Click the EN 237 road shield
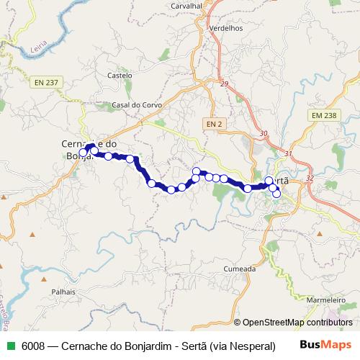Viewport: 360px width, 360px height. pyautogui.click(x=45, y=82)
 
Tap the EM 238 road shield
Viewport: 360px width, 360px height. pyautogui.click(x=323, y=114)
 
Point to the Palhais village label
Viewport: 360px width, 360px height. pyautogui.click(x=63, y=293)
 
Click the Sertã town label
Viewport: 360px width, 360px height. pyautogui.click(x=279, y=181)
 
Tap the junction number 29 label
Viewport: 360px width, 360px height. pyautogui.click(x=224, y=84)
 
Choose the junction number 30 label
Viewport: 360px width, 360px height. pyautogui.click(x=263, y=134)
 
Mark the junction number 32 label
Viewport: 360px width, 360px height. pyautogui.click(x=310, y=177)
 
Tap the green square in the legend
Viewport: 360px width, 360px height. pyautogui.click(x=7, y=345)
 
